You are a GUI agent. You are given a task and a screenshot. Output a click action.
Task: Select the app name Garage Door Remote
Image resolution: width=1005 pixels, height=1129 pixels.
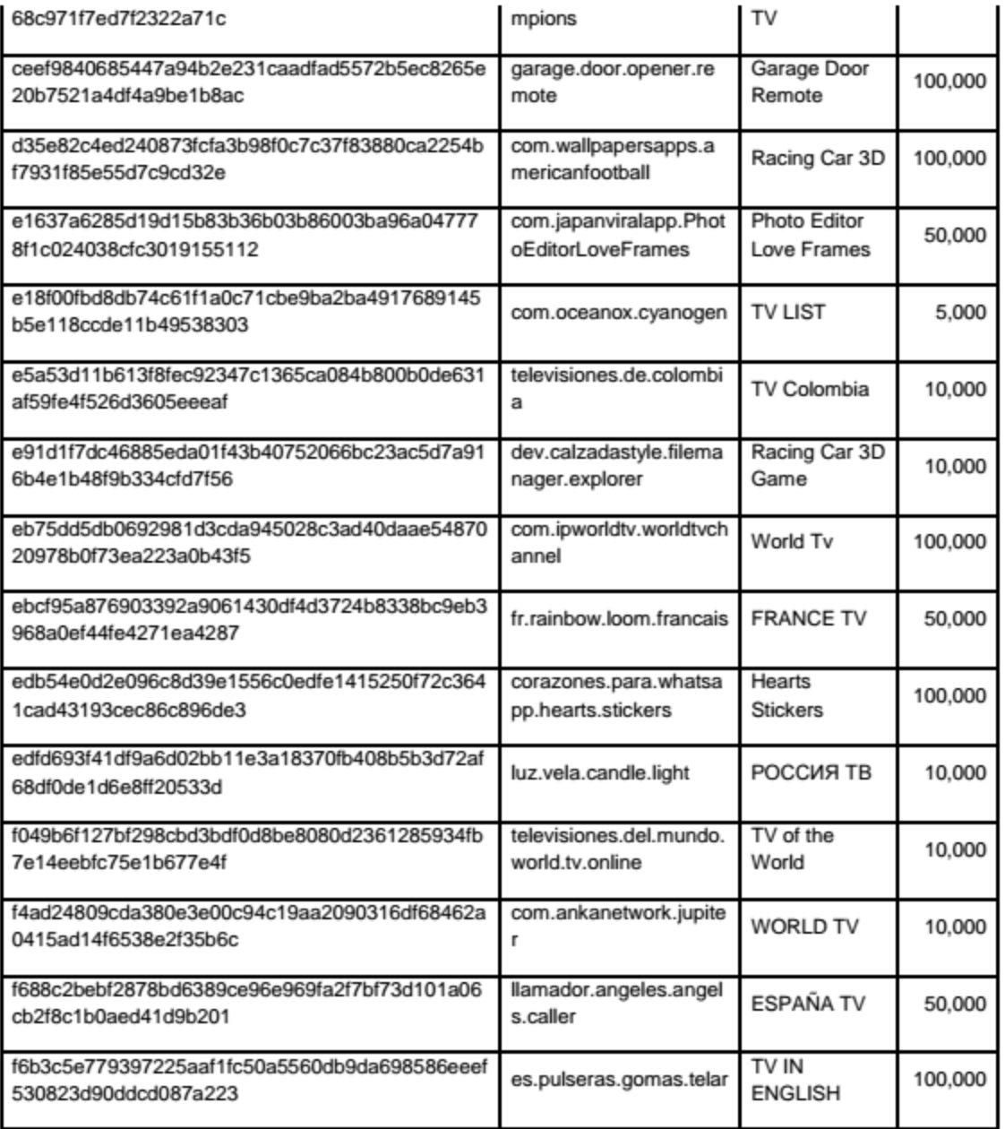810,82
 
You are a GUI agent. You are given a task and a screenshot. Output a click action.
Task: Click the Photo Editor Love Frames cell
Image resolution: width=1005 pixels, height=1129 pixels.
810,235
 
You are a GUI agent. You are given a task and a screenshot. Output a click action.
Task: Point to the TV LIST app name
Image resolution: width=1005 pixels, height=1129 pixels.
788,312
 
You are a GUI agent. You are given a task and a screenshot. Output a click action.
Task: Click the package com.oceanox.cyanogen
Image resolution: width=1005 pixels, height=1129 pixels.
619,312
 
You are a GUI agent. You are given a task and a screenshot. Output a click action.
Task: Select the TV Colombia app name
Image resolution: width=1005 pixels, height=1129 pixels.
810,389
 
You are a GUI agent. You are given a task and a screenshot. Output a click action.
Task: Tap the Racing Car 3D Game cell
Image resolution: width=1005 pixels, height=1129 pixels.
817,465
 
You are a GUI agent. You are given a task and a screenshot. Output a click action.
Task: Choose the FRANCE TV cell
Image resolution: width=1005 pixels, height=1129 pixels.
808,619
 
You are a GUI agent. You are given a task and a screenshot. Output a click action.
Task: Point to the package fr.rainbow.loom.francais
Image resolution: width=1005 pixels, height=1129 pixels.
619,619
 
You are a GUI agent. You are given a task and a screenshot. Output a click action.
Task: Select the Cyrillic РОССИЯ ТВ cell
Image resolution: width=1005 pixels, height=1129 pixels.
811,772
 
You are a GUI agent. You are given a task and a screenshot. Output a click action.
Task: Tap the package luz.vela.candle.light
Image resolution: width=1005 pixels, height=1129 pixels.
600,772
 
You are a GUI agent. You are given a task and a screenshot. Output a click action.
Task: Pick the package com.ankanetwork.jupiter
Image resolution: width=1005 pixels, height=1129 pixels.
618,926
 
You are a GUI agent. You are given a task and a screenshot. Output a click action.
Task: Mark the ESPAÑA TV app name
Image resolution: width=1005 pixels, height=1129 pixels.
808,1004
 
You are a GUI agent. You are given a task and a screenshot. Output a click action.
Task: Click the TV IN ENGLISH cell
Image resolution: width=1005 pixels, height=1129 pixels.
795,1080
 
